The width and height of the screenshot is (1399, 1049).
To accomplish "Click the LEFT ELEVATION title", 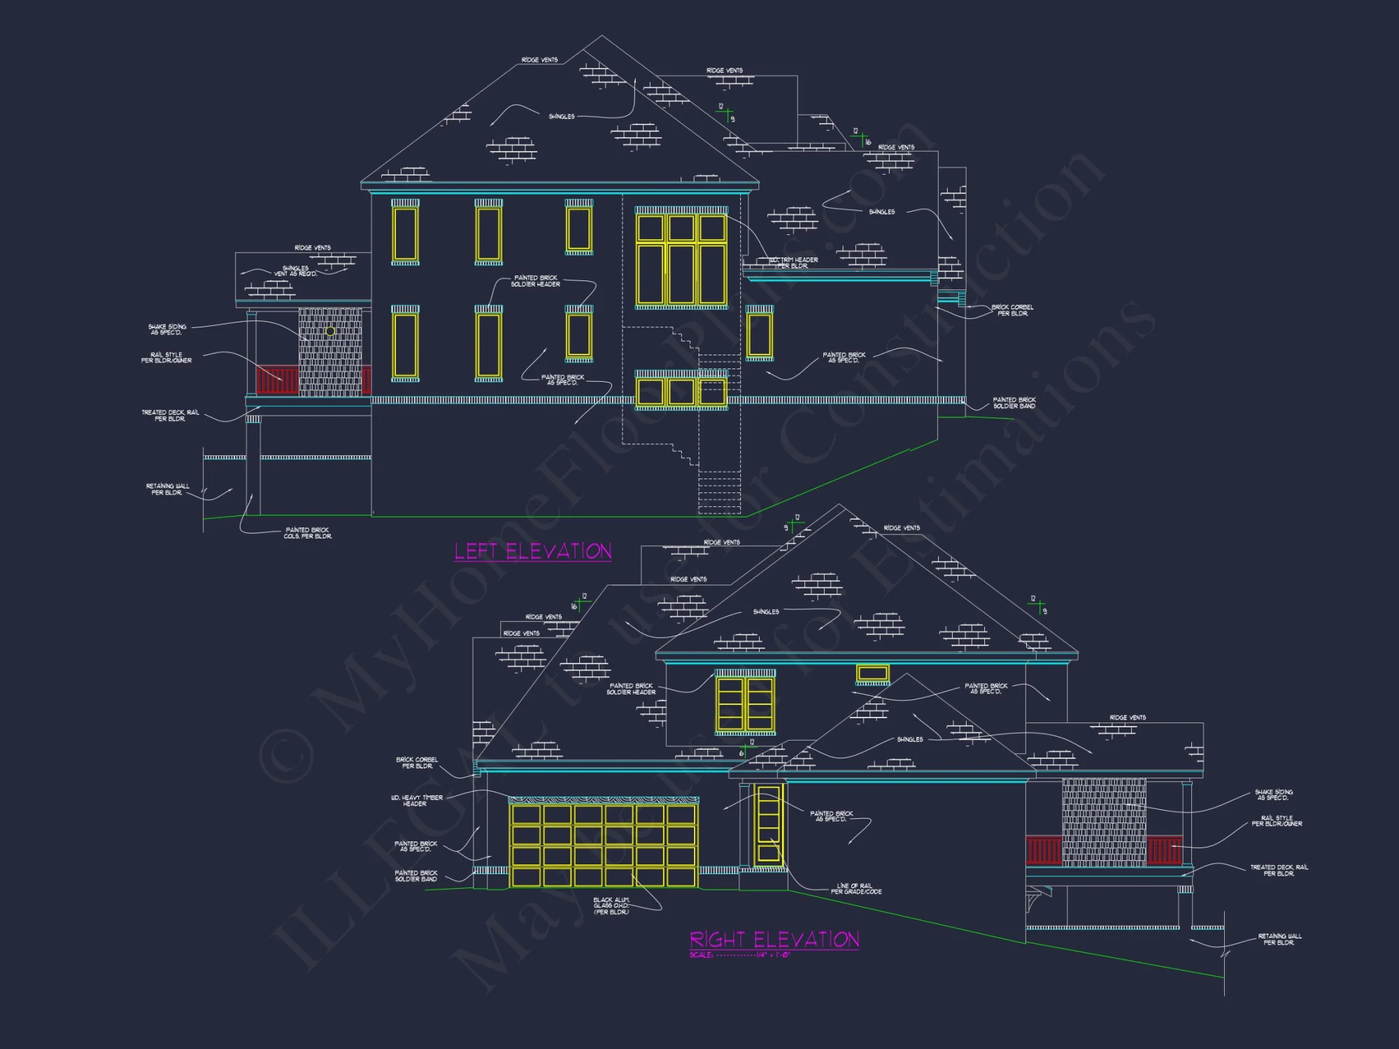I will pos(533,552).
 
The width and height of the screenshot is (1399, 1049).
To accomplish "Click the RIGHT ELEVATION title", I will pos(774,939).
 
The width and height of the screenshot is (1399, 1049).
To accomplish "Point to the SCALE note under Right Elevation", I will pos(739,955).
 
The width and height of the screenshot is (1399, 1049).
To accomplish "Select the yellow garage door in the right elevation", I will pos(604,846).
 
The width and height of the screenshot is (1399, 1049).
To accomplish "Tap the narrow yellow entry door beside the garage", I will pos(768,825).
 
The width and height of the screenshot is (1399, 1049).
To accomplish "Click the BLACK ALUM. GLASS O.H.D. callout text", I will pos(611,906).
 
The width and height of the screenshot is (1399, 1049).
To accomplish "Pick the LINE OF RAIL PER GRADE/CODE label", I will pos(855,889).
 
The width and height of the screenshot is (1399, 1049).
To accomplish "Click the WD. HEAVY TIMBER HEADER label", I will pos(417,801).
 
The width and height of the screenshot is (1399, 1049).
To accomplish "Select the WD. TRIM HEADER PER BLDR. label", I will pos(794,263).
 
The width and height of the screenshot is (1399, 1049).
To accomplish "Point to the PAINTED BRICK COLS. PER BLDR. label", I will pos(308,533).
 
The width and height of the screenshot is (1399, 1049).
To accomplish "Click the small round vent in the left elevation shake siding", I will pos(330,331).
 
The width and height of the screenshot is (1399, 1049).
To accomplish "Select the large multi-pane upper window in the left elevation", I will pos(681,259).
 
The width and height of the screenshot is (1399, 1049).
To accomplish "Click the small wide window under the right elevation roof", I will pos(872,673).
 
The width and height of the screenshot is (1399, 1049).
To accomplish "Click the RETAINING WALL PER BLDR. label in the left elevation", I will pos(167,490).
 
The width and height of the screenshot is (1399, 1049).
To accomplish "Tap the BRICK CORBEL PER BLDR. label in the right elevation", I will pos(417,763).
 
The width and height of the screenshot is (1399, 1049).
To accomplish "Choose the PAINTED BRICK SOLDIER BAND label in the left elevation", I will pos(1014,403).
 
